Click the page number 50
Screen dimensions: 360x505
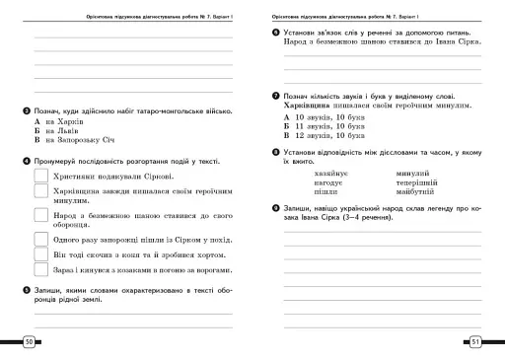pos(29,341)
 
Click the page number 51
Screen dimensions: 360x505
pos(475,341)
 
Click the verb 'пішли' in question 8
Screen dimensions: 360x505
pos(325,193)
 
